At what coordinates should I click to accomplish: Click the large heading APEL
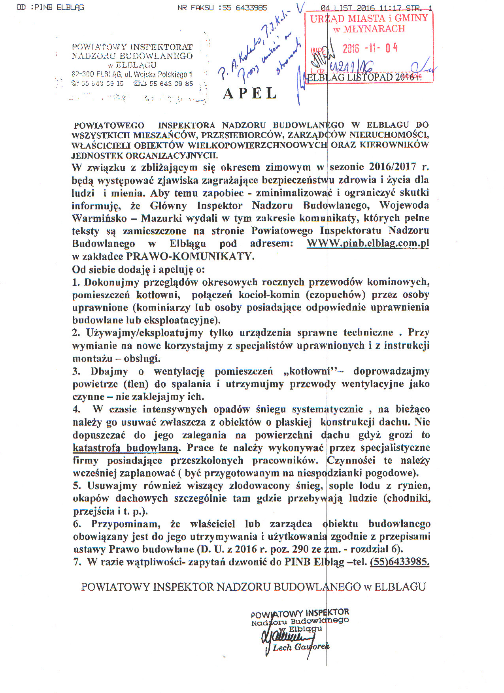click(250, 94)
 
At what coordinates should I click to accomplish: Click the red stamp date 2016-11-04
click(370, 48)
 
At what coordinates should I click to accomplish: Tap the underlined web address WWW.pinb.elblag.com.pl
click(368, 243)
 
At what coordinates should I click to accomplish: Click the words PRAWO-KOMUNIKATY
click(190, 256)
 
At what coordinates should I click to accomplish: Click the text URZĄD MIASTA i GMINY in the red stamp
click(369, 18)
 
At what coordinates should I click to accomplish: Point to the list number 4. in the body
click(76, 409)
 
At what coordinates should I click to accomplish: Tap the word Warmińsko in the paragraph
click(99, 218)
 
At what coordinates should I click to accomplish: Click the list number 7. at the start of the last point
click(77, 562)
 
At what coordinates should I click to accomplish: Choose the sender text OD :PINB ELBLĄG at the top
click(51, 8)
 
